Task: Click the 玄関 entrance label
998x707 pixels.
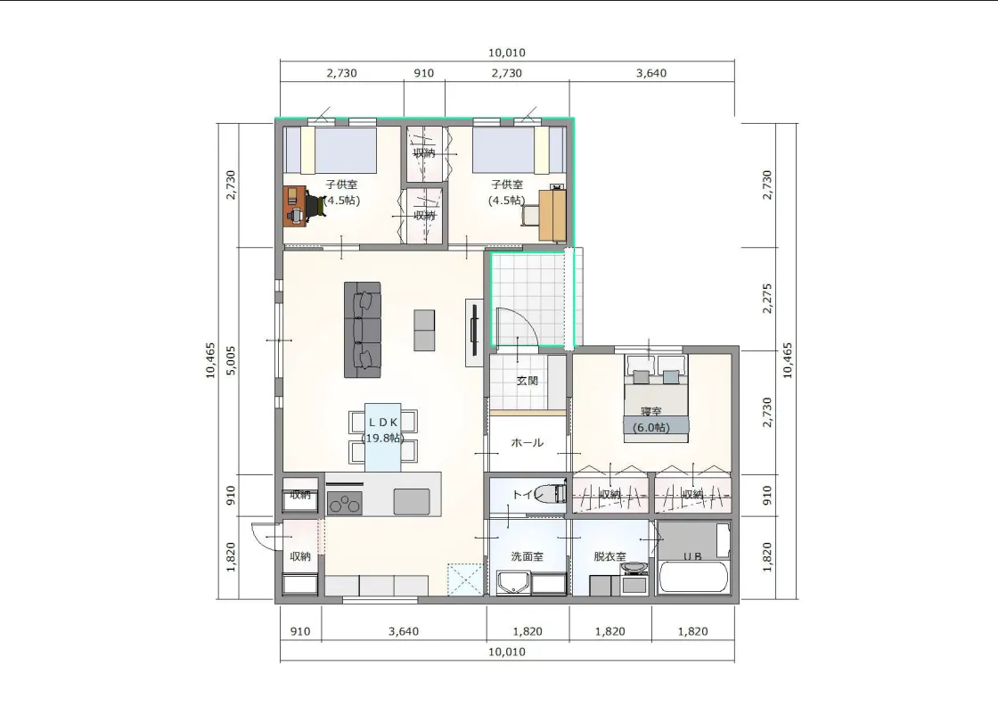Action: click(x=527, y=381)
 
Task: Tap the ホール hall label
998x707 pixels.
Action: click(x=527, y=443)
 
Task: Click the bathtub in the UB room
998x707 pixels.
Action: click(x=693, y=577)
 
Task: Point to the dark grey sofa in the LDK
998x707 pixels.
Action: click(x=363, y=330)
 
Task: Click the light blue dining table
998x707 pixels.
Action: click(x=382, y=437)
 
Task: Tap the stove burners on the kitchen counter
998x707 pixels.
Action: click(x=344, y=503)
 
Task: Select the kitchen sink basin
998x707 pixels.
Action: click(x=411, y=501)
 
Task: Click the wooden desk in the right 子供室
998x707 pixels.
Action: click(x=552, y=215)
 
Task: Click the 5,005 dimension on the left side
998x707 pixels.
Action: click(x=231, y=360)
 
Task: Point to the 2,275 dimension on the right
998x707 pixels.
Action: click(x=767, y=298)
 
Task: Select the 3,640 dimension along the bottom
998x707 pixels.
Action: click(x=404, y=631)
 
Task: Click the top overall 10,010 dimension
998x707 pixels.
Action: click(x=507, y=53)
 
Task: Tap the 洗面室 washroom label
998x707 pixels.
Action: click(x=527, y=556)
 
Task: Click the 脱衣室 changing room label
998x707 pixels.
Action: click(x=609, y=556)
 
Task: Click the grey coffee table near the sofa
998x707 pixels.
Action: click(x=424, y=330)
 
